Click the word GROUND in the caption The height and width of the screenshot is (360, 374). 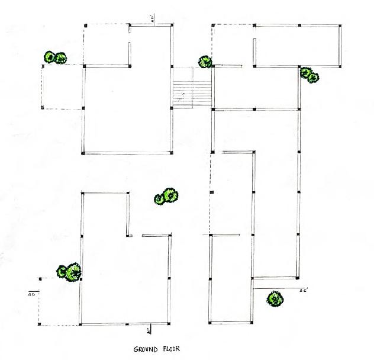point(144,350)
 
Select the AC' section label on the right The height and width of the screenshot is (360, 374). point(304,291)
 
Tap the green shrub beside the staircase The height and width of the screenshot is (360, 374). point(205,62)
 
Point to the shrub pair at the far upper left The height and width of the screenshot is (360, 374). point(54,57)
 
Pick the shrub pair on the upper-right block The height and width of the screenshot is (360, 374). point(309,75)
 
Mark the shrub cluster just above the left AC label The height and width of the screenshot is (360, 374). point(69,272)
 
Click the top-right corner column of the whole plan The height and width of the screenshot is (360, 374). point(340,25)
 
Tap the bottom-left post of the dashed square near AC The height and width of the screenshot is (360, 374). point(39,324)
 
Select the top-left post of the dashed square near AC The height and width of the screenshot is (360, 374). point(39,278)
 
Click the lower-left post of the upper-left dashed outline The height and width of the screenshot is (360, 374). point(42,108)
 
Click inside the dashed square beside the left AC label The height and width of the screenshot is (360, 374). point(59,302)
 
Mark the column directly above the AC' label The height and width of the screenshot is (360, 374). point(296,277)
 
